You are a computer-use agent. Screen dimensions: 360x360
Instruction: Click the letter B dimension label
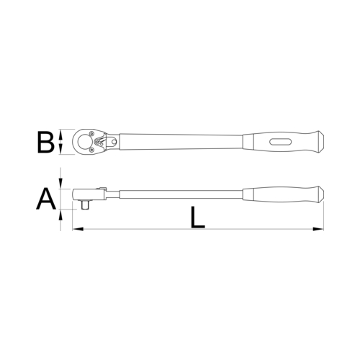(x=45, y=142)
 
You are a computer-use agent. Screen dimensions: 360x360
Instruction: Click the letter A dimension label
(x=46, y=199)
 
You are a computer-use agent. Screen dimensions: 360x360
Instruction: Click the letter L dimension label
(x=197, y=217)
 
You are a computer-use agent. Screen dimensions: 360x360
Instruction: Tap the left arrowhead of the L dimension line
(x=78, y=229)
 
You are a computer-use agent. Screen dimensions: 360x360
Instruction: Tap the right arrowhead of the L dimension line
(x=318, y=229)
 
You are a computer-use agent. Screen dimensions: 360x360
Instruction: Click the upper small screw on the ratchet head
(x=91, y=133)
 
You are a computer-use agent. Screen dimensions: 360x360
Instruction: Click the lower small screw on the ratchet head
(x=91, y=150)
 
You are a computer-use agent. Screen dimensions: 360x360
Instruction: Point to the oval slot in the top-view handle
(x=281, y=142)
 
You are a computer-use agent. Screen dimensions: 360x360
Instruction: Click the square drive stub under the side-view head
(x=85, y=205)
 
